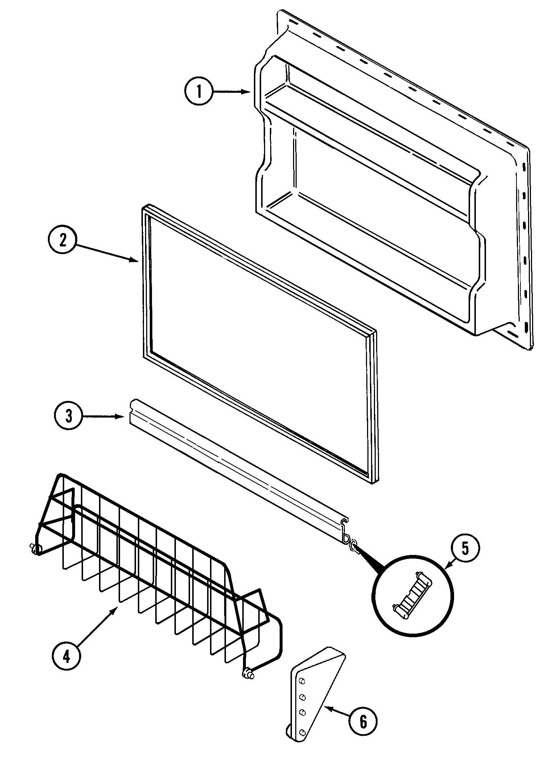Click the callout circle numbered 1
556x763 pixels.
[x=198, y=92]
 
